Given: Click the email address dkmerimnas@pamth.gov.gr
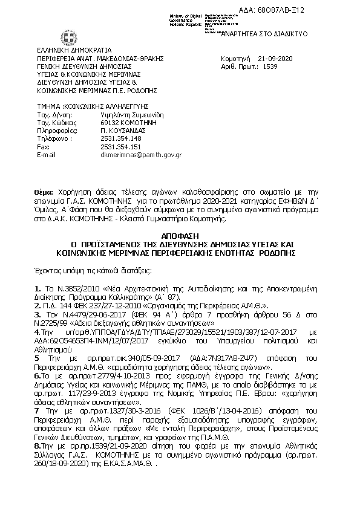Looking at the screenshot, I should click(x=141, y=155).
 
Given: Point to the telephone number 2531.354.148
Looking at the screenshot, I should click(x=121, y=138).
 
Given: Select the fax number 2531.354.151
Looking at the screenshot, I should click(x=121, y=146).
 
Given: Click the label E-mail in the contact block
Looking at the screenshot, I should click(x=46, y=155).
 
